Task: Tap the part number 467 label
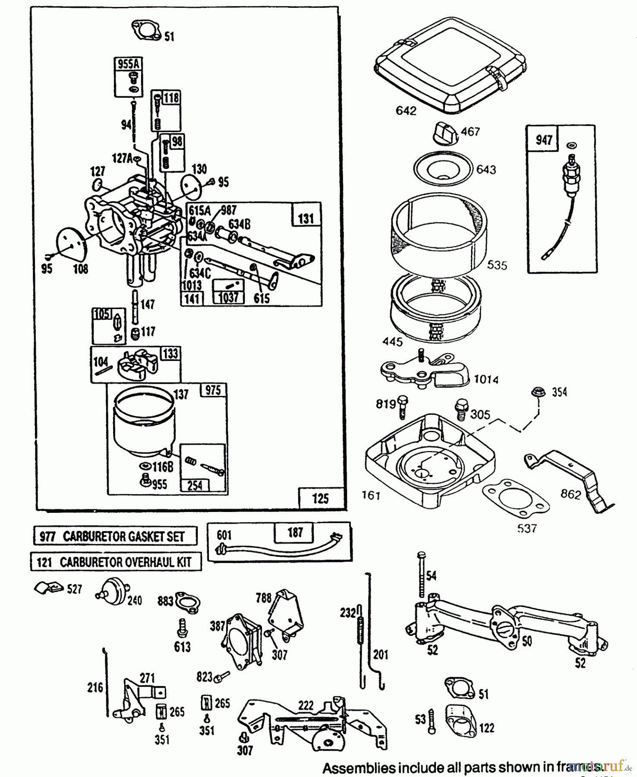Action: point(470,131)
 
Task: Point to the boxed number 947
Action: point(543,140)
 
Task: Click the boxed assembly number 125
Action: point(320,499)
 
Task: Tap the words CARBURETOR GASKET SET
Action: point(123,537)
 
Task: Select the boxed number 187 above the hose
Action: point(295,533)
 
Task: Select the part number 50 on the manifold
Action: point(527,641)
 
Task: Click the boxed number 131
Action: point(306,218)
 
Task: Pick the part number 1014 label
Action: point(486,379)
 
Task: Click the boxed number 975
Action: point(213,390)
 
